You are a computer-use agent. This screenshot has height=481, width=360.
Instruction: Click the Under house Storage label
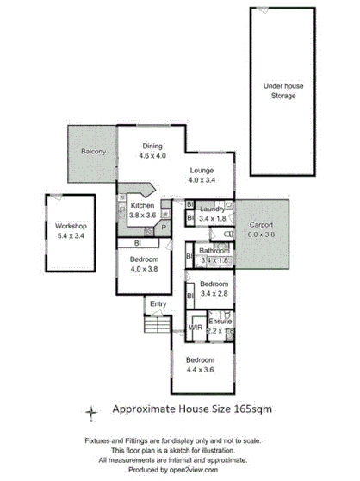[x=278, y=91]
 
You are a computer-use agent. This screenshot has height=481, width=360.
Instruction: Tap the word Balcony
[x=93, y=152]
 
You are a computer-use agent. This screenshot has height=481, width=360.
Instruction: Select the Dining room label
[x=152, y=146]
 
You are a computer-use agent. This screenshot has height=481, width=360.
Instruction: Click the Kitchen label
[x=142, y=205]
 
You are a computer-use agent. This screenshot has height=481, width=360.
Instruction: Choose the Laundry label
[x=211, y=209]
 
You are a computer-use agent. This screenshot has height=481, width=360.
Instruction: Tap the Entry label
[x=158, y=303]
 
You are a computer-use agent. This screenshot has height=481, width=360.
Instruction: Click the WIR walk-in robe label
[x=195, y=328]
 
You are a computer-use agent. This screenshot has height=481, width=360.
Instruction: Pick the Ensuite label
[x=220, y=321]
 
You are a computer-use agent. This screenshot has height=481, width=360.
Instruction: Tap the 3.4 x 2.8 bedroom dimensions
[x=214, y=293]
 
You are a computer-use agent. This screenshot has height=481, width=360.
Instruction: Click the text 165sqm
[x=249, y=411]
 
